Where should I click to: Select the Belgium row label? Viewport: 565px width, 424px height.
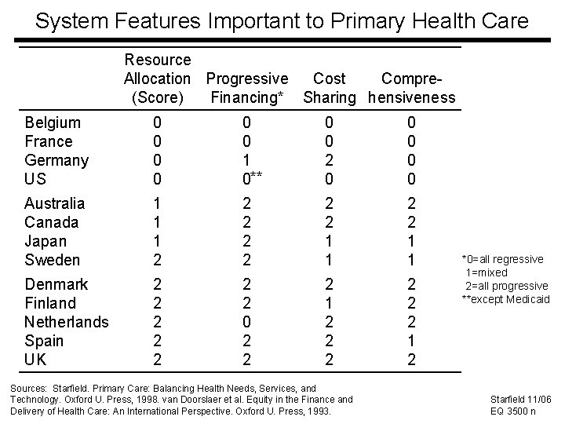pyautogui.click(x=53, y=122)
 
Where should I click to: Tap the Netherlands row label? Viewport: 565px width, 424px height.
pyautogui.click(x=66, y=322)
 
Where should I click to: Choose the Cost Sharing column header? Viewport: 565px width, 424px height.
pyautogui.click(x=329, y=88)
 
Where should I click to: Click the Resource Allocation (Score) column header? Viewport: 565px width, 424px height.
pyautogui.click(x=157, y=79)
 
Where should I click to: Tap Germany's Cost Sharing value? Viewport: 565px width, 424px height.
pyautogui.click(x=330, y=160)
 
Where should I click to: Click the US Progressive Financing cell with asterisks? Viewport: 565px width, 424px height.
pyautogui.click(x=250, y=178)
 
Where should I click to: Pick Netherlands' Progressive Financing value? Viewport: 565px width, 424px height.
pyautogui.click(x=246, y=322)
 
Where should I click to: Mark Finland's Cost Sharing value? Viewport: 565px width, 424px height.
pyautogui.click(x=330, y=303)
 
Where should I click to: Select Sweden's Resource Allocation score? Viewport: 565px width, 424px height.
pyautogui.click(x=157, y=260)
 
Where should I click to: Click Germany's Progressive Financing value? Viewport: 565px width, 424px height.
pyautogui.click(x=246, y=160)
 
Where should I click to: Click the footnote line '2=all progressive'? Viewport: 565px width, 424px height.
pyautogui.click(x=507, y=286)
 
